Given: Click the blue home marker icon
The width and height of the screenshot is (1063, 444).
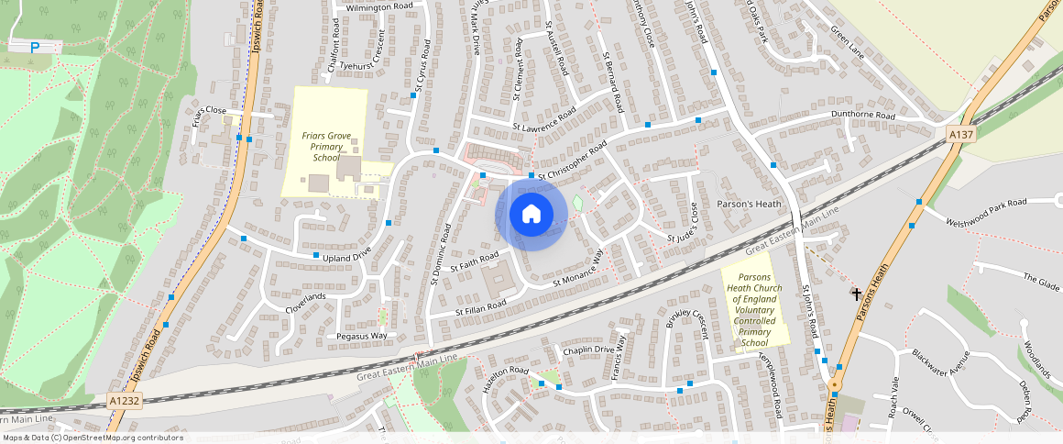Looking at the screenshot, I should coord(531,214).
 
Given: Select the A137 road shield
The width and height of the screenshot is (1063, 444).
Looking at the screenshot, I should coord(960,135).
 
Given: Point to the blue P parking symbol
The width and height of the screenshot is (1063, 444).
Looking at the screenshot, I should coord(35,48).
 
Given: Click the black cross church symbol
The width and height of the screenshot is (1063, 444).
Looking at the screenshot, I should coord(857,294).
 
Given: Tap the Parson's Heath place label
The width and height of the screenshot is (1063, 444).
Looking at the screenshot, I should coord(749,204).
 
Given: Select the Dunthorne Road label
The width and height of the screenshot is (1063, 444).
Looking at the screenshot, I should coord(862,116).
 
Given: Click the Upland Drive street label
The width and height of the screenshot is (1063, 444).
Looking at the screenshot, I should coord(343,254).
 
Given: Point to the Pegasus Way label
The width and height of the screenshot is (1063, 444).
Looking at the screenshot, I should coord(363,336).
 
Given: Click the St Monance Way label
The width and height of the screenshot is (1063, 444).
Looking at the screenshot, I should coord(578,272).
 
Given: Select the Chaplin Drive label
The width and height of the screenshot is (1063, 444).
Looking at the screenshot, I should coord(586,350).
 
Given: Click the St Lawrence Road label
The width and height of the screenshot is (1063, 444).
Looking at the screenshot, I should coord(544,119).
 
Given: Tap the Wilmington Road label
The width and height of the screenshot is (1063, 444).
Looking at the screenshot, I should coord(379,6).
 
